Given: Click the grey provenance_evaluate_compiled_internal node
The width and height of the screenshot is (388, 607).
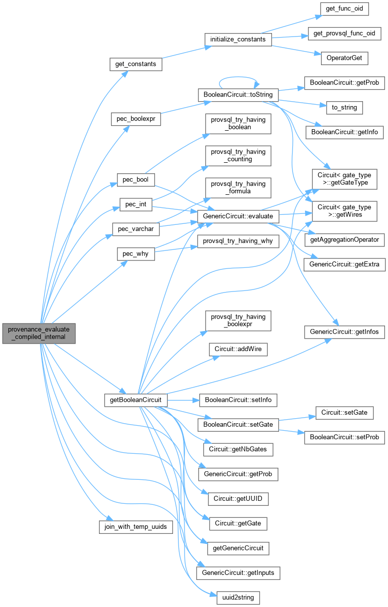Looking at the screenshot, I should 38,333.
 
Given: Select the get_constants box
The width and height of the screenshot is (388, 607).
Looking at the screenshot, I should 136,64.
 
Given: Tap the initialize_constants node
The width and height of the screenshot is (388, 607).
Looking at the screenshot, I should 238,39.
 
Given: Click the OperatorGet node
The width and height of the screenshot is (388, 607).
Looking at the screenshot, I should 344,58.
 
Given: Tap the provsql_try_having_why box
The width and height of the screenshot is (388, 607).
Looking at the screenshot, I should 237,241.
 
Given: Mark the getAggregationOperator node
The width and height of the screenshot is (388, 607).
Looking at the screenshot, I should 344,240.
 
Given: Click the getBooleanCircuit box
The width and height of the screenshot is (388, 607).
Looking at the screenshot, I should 135,400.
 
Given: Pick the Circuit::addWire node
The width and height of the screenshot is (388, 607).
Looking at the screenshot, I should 238,349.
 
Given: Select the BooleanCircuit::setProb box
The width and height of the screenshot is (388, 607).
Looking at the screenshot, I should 344,437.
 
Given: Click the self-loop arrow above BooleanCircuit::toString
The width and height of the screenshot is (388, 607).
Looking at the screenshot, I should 237,78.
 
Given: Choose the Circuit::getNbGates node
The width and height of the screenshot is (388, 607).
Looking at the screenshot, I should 237,449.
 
